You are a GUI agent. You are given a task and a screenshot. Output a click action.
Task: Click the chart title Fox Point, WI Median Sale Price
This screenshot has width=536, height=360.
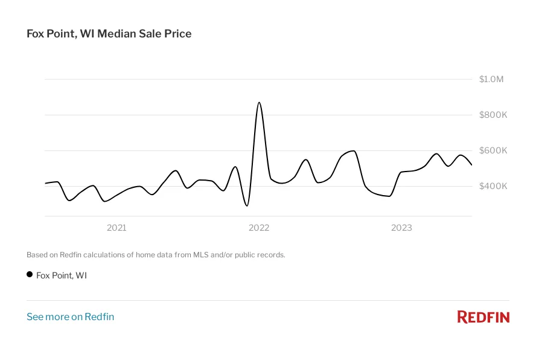[x=109, y=34]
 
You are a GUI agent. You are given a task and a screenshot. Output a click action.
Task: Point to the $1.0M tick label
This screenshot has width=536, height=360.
[x=491, y=79]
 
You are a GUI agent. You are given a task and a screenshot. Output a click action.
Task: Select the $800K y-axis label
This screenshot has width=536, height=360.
[x=493, y=115]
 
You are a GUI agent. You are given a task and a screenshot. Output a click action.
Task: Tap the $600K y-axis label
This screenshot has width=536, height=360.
[x=493, y=150]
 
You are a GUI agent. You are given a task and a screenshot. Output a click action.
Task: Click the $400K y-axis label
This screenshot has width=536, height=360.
[x=493, y=186]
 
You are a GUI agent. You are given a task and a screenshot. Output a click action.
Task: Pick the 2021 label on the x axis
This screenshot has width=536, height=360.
[x=116, y=228]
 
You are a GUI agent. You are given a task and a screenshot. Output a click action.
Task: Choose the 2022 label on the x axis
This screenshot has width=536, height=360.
[x=259, y=228]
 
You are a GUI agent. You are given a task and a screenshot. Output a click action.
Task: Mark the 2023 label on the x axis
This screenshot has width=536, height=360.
[x=401, y=228]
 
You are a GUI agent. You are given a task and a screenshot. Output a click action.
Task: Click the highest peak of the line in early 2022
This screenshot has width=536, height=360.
[x=259, y=103]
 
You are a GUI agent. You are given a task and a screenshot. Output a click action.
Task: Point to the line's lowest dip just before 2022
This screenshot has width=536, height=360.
[x=247, y=206]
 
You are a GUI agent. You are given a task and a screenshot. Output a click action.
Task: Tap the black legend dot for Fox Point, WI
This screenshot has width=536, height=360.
[x=30, y=275]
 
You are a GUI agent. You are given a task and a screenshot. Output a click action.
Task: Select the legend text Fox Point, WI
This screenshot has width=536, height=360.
[x=62, y=275]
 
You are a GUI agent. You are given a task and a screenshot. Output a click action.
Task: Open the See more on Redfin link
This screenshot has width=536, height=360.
[x=70, y=317]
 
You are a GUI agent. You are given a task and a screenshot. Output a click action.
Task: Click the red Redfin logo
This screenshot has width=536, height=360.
[x=483, y=317]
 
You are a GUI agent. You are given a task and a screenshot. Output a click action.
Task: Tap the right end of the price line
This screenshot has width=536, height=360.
[x=471, y=164]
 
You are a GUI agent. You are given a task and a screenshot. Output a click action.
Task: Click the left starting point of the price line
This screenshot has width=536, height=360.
[x=45, y=183]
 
